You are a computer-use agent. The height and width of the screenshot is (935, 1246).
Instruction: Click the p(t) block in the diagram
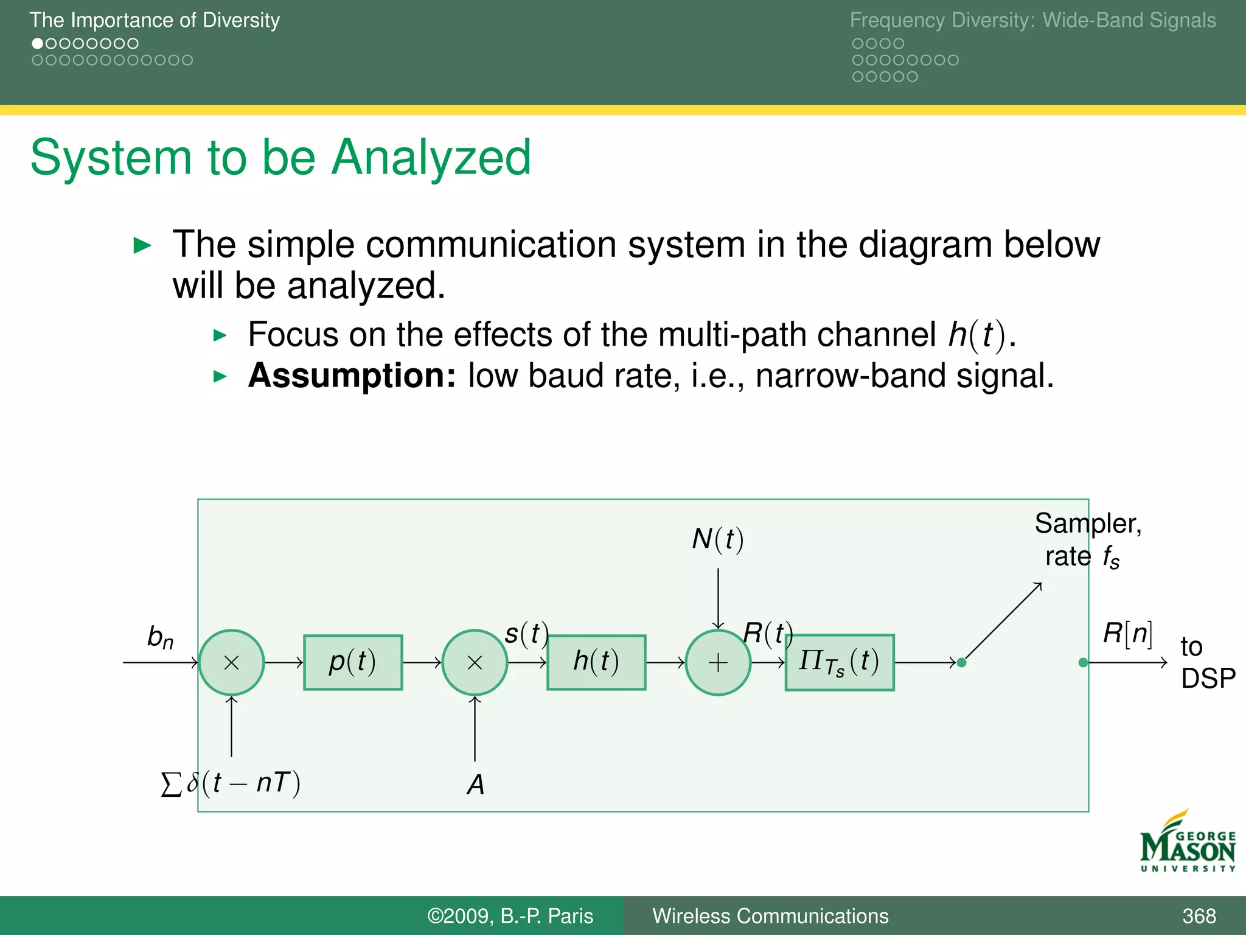pos(353,662)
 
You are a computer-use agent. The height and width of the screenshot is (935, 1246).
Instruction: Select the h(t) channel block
pos(596,662)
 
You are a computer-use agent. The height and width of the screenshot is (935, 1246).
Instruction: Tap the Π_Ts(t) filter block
pos(840,662)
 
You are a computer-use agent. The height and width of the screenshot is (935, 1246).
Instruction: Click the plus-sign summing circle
pos(718,662)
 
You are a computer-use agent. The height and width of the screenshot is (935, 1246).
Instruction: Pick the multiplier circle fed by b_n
pos(231,662)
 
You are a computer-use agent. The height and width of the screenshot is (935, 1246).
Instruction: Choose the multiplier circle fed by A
pos(475,662)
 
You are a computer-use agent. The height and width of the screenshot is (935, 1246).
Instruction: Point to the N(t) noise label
pos(718,539)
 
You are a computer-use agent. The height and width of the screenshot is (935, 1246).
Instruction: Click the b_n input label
pos(160,637)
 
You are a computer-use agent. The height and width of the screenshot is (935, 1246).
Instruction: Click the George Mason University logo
pos(1187,843)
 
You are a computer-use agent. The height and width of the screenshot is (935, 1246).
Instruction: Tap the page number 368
pos(1199,916)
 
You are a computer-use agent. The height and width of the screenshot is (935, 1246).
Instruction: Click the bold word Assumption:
pos(352,376)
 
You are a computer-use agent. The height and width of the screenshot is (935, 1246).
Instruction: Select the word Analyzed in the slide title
pos(431,158)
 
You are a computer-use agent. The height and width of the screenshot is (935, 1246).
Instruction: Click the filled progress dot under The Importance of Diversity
pos(38,44)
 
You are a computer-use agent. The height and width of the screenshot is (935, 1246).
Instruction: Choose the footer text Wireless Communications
pos(770,916)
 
